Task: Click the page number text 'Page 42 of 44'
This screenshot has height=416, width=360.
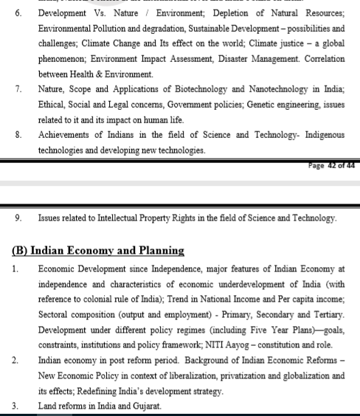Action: [331, 165]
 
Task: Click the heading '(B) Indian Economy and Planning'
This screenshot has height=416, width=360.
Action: [98, 251]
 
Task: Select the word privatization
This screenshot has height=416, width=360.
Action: [220, 376]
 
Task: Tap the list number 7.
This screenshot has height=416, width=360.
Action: [18, 89]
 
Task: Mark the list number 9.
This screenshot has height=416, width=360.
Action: [18, 218]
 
